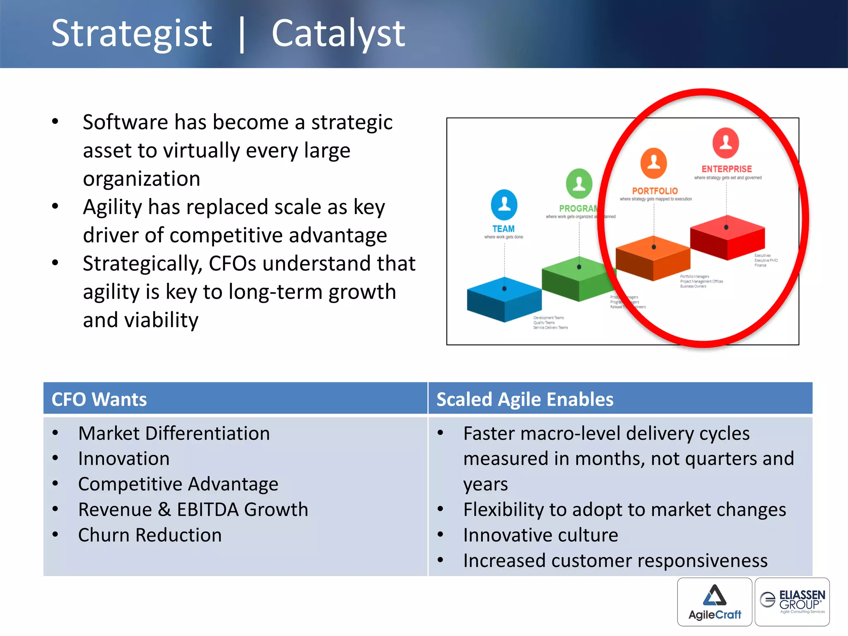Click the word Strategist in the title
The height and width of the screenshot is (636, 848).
click(132, 34)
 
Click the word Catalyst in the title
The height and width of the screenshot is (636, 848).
click(338, 34)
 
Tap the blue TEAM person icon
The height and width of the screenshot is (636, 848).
click(504, 205)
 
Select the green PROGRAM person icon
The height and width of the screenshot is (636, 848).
click(579, 183)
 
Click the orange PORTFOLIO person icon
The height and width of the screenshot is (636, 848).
click(653, 163)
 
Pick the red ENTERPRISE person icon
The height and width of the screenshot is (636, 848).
click(725, 143)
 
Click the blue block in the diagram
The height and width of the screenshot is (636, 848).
click(504, 299)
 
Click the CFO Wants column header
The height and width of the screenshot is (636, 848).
click(99, 399)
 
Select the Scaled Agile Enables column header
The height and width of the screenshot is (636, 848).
click(525, 399)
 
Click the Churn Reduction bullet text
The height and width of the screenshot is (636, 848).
click(150, 535)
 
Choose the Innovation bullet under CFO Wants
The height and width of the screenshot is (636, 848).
click(124, 459)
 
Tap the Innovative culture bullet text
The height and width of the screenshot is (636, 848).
click(540, 535)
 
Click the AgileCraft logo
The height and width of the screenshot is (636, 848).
click(715, 602)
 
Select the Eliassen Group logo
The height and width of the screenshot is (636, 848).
click(792, 601)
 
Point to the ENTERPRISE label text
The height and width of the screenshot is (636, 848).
click(726, 169)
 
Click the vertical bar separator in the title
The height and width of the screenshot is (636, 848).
click(242, 35)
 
